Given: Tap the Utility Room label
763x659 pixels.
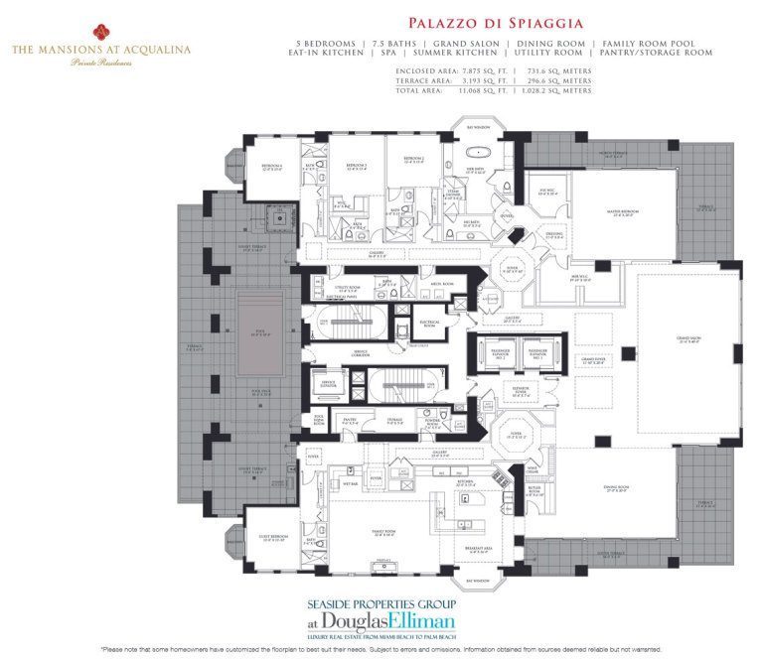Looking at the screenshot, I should pyautogui.click(x=347, y=288).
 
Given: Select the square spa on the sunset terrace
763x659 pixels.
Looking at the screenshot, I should pyautogui.click(x=265, y=221).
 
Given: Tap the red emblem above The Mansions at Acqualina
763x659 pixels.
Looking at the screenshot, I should pyautogui.click(x=101, y=30).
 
